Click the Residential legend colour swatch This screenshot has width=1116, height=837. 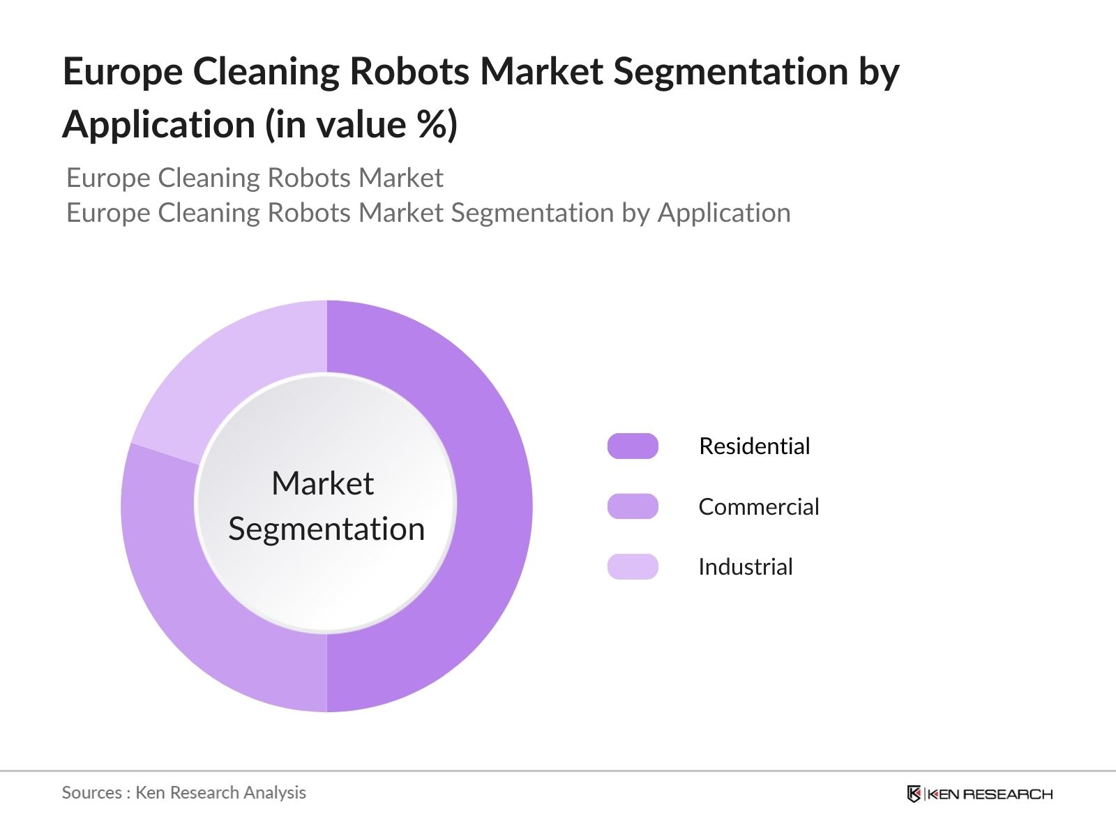coord(633,446)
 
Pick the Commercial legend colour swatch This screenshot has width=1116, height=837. coord(633,506)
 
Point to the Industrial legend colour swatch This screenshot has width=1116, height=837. coord(633,566)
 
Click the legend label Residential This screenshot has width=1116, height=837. coord(754,446)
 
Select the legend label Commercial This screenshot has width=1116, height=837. coord(758,506)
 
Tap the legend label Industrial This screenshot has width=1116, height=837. coord(745,566)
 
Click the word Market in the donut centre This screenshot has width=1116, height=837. coord(322,483)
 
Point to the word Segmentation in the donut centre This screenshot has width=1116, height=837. coord(326,529)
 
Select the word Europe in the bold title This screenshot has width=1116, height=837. coord(123,71)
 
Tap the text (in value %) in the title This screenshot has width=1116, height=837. coord(361,125)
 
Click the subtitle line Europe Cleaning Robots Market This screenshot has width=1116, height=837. coord(255,178)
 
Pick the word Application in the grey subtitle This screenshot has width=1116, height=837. coord(724,213)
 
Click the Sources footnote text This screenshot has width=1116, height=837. coord(183,792)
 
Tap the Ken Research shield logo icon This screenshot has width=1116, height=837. coord(914,794)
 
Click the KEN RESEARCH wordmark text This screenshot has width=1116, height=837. coord(990,794)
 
